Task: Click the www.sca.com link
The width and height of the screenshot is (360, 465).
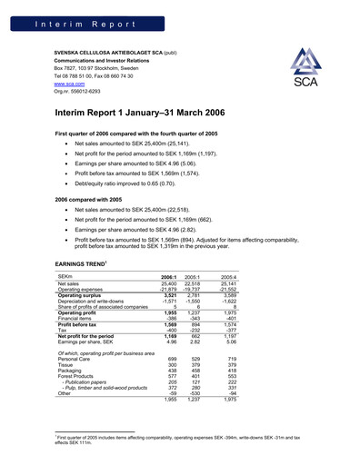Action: point(71,84)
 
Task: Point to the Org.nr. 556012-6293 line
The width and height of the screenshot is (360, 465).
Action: point(83,91)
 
